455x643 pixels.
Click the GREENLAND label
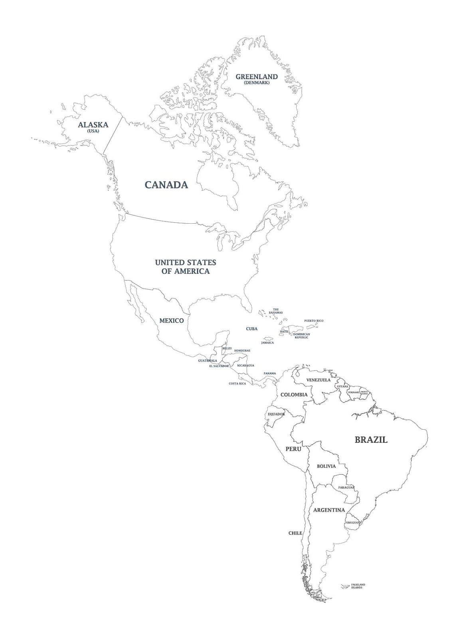click(256, 77)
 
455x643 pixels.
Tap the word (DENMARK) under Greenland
click(256, 83)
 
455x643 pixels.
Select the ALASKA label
click(93, 125)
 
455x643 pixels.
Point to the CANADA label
click(166, 185)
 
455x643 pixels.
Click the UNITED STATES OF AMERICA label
click(186, 267)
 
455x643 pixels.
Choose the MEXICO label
click(172, 321)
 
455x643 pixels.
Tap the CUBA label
click(251, 329)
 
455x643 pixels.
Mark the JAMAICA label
click(267, 343)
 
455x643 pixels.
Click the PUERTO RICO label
click(314, 321)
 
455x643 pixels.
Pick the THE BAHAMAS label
click(275, 311)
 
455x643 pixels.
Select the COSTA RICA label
click(237, 383)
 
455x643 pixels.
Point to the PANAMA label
click(269, 374)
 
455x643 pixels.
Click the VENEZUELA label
click(318, 380)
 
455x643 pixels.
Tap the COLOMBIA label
click(294, 395)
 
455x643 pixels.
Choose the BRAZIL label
click(371, 440)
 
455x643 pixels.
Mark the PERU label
click(293, 449)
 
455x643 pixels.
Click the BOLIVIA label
click(326, 466)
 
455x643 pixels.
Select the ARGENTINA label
click(329, 510)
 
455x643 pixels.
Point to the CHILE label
click(295, 533)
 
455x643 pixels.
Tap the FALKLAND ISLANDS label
click(358, 586)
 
